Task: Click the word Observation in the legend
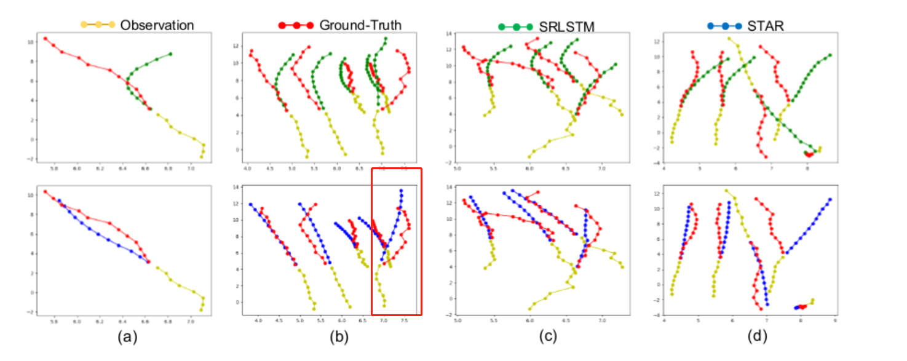(157, 25)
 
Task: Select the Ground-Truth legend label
(360, 25)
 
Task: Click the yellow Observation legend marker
(98, 25)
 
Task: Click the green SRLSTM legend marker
(515, 27)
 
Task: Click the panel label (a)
(123, 336)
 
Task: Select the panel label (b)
(325, 336)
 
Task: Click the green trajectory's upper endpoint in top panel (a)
(170, 54)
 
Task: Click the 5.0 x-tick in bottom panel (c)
(457, 320)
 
